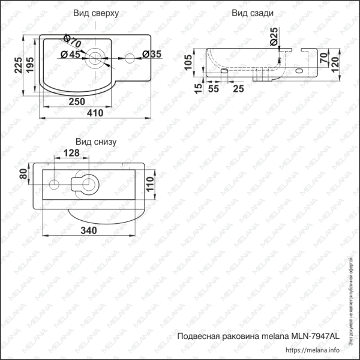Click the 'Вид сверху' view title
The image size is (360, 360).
[x=96, y=13]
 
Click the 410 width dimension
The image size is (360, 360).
[x=95, y=113]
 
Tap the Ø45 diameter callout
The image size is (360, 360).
[x=71, y=55]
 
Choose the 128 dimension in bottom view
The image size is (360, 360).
[x=71, y=154]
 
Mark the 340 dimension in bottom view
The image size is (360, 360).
[x=89, y=230]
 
